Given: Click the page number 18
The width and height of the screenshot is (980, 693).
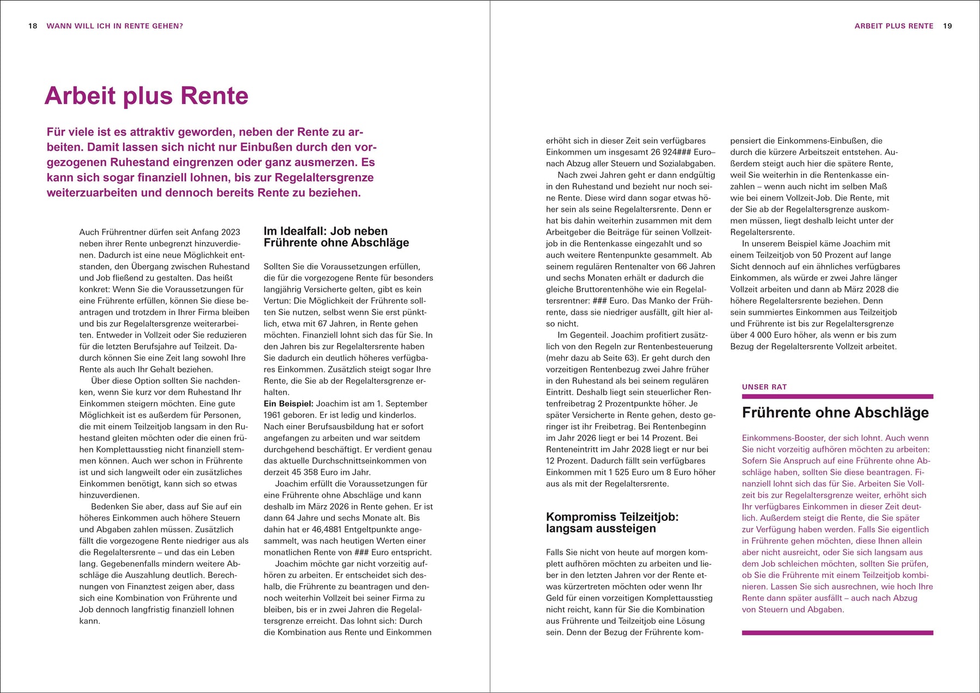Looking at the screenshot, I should [x=33, y=26].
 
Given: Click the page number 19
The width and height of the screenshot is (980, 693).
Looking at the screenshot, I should [x=947, y=26].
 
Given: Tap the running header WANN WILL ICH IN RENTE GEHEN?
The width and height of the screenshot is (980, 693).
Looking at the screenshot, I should [x=115, y=26].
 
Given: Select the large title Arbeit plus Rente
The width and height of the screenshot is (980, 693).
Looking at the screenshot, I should [x=146, y=96].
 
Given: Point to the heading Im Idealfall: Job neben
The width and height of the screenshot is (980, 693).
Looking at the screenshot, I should [x=326, y=231].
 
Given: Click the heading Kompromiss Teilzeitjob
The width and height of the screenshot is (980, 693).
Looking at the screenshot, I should [x=612, y=517].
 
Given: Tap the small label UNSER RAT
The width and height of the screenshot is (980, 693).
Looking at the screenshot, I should [x=764, y=387].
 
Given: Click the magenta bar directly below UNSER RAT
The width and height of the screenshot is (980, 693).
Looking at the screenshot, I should [x=837, y=396].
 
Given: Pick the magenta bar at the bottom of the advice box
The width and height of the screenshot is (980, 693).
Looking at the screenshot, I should [x=837, y=633].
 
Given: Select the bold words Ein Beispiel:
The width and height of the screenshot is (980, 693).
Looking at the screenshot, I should [x=289, y=403].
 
